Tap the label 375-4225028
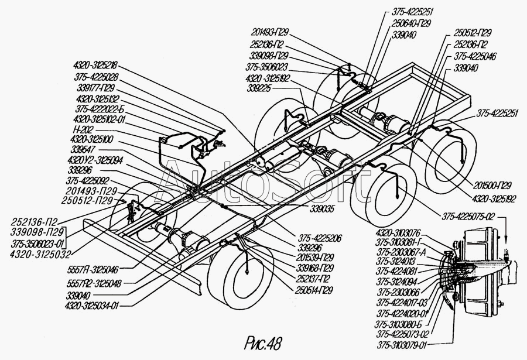pyautogui.click(x=97, y=77)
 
